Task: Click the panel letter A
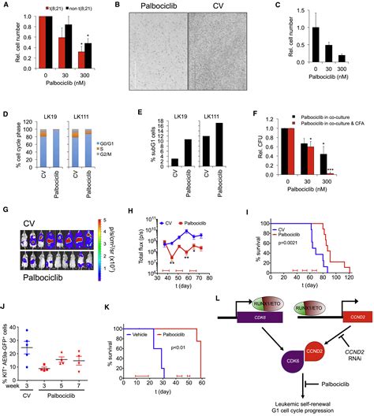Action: click(x=6, y=6)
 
